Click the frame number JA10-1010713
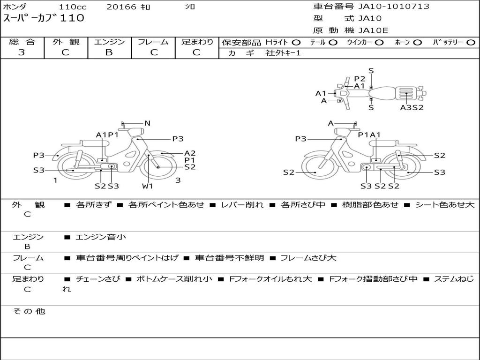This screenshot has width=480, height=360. pos(394,6)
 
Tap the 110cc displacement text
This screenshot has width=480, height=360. pos(73,7)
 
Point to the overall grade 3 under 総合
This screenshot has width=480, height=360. pos(22,52)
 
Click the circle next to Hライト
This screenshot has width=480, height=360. pos(296,43)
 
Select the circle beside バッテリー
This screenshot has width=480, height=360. pos(471,43)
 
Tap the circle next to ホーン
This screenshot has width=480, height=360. pos(418,43)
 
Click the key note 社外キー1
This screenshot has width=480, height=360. pos(283,53)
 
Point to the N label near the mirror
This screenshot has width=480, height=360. pos(148,123)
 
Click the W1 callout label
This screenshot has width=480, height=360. pos(148,186)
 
